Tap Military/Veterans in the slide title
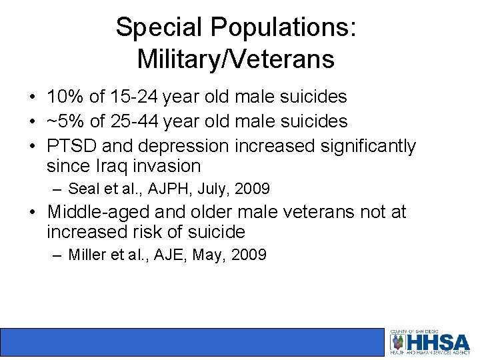coord(235,59)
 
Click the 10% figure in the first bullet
coord(65,97)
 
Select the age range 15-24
coord(135,97)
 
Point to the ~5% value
coord(65,121)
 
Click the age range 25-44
coord(136,121)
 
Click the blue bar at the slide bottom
coord(193,341)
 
